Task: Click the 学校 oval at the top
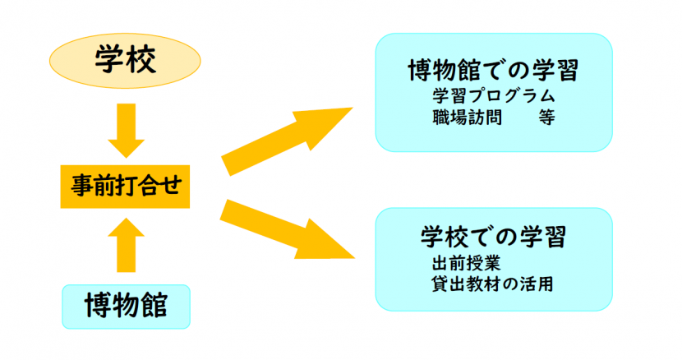click(x=126, y=61)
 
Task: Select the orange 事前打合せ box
click(x=126, y=188)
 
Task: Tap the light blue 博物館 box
click(x=126, y=305)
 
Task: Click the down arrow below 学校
click(x=126, y=130)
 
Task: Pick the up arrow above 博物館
click(x=126, y=243)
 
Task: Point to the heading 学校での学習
click(x=493, y=238)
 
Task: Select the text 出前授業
click(x=460, y=265)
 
